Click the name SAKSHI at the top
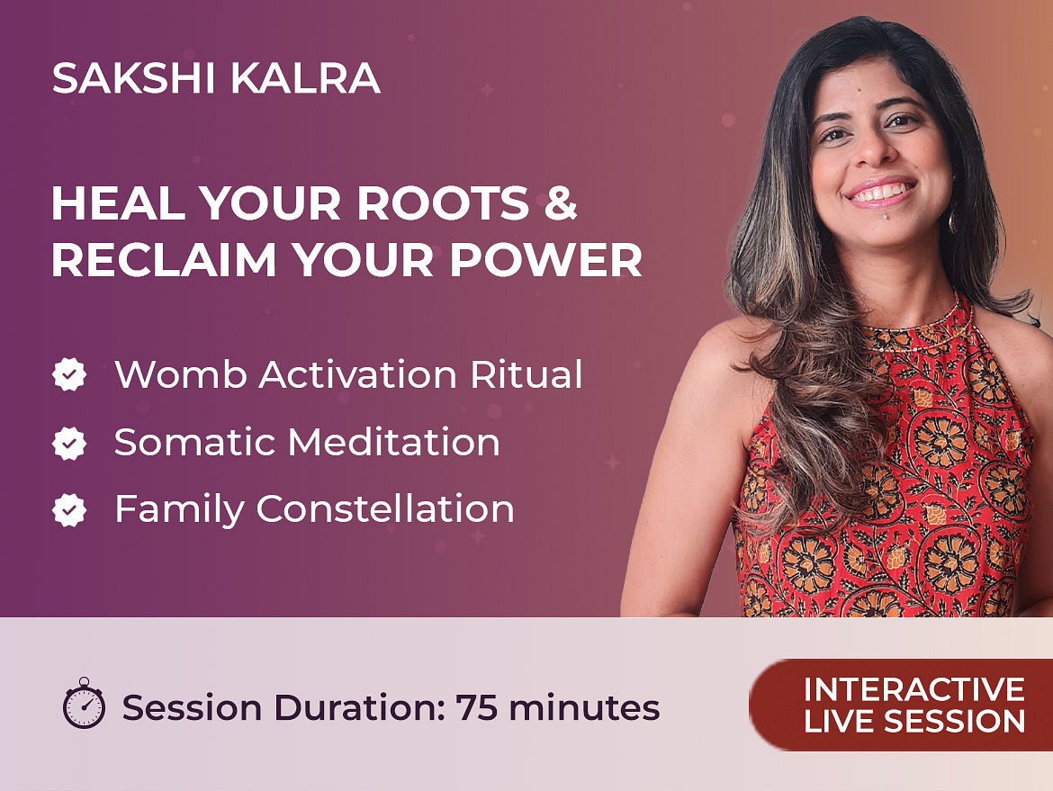[x=133, y=78]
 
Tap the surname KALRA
[x=306, y=78]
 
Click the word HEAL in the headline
[x=118, y=202]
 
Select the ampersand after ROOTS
[x=560, y=202]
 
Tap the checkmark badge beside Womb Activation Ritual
[x=69, y=374]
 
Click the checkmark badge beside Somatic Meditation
[x=69, y=443]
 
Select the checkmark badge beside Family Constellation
[x=69, y=509]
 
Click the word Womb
[x=181, y=374]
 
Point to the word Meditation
[x=394, y=443]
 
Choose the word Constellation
[x=385, y=509]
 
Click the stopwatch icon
[x=84, y=703]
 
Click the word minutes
[x=584, y=707]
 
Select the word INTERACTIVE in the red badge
[x=914, y=689]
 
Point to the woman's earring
[x=952, y=221]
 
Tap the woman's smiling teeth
[x=880, y=193]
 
